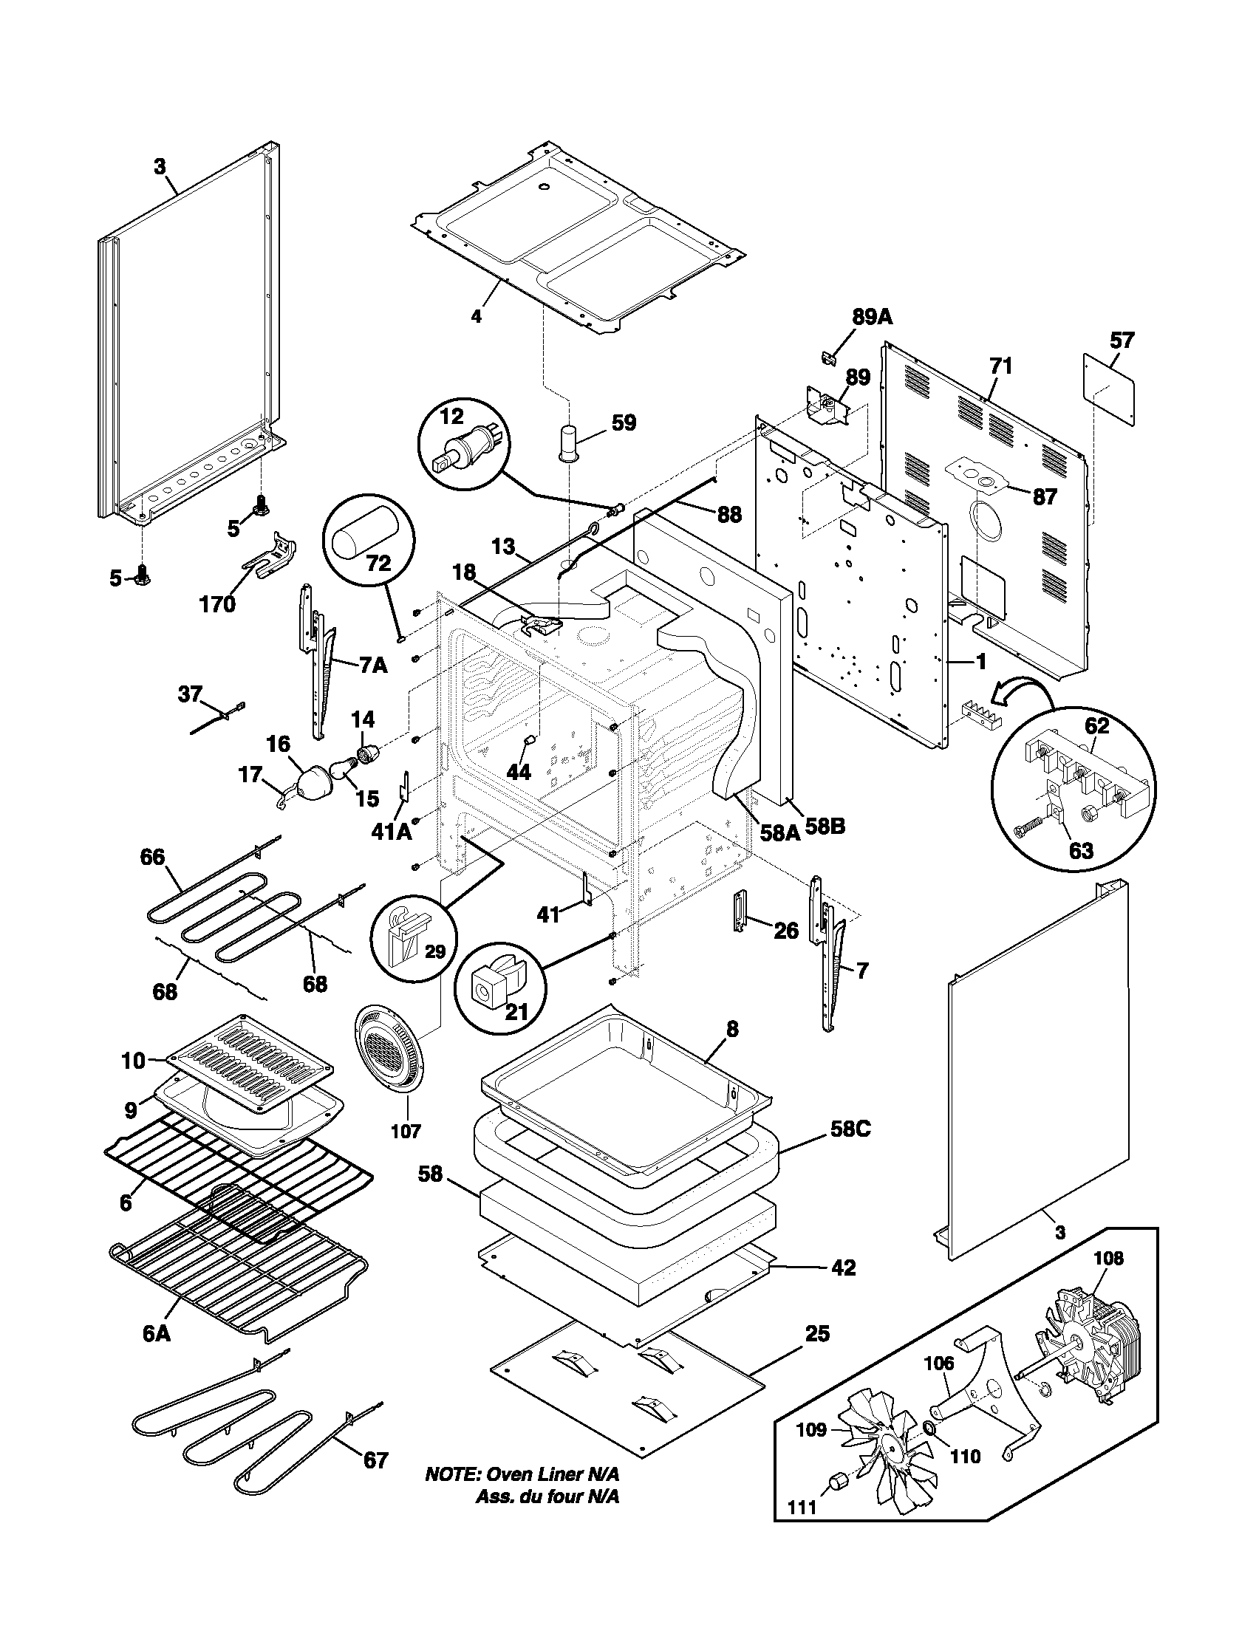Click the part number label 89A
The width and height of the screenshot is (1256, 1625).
[x=871, y=317]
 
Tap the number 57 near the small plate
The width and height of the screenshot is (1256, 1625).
[x=1122, y=341]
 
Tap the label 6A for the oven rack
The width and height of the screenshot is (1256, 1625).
[x=156, y=1334]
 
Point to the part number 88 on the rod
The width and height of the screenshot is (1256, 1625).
[x=728, y=514]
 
